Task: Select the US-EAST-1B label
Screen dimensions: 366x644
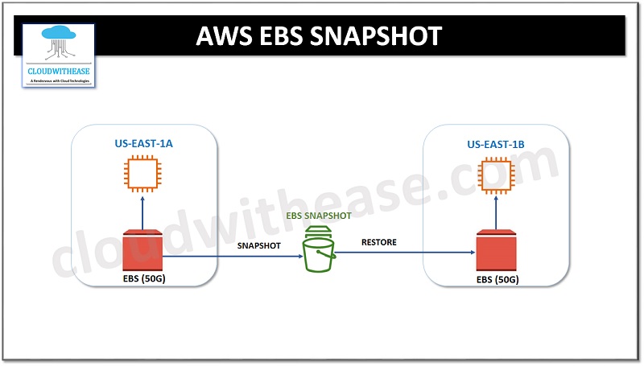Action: (x=495, y=146)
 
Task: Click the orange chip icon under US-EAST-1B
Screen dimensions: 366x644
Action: (x=495, y=177)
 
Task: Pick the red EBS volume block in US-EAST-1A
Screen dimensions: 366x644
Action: (x=142, y=252)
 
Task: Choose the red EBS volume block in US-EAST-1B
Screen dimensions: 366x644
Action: (x=496, y=252)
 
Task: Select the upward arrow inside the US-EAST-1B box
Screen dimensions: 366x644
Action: (x=495, y=213)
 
